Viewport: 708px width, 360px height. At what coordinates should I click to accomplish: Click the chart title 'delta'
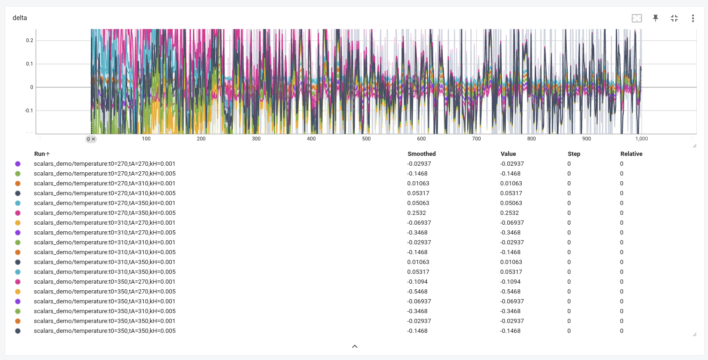pyautogui.click(x=20, y=18)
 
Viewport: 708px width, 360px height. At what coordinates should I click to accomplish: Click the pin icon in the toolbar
pyautogui.click(x=656, y=18)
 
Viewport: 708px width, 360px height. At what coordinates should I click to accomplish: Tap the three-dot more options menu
pyautogui.click(x=693, y=18)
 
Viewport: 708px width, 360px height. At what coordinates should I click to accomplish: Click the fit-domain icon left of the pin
pyautogui.click(x=636, y=18)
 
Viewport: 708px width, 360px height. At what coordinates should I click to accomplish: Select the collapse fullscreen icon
pyautogui.click(x=674, y=18)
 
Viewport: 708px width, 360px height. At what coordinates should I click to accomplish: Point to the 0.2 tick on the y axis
pyautogui.click(x=29, y=41)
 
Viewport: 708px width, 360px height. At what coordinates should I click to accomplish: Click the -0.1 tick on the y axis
pyautogui.click(x=29, y=111)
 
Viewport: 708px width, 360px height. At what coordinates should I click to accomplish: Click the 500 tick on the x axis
pyautogui.click(x=366, y=139)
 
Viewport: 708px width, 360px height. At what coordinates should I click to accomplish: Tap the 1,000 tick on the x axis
pyautogui.click(x=641, y=139)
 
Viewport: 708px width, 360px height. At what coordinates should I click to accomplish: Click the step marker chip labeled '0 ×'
pyautogui.click(x=91, y=139)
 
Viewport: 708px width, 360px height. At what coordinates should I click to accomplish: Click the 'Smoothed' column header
pyautogui.click(x=421, y=154)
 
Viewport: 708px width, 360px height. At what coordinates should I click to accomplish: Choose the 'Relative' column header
pyautogui.click(x=631, y=154)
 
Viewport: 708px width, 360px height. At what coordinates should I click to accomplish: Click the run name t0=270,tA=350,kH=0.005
pyautogui.click(x=104, y=213)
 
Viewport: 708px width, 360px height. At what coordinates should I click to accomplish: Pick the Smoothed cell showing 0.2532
pyautogui.click(x=416, y=213)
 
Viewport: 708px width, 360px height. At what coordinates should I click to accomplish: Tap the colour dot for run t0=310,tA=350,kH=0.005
pyautogui.click(x=18, y=272)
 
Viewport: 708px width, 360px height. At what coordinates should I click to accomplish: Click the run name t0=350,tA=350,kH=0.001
pyautogui.click(x=104, y=321)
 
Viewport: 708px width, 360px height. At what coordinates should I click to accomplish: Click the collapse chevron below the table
pyautogui.click(x=354, y=346)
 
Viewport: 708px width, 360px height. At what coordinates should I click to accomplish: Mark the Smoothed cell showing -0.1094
pyautogui.click(x=417, y=282)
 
